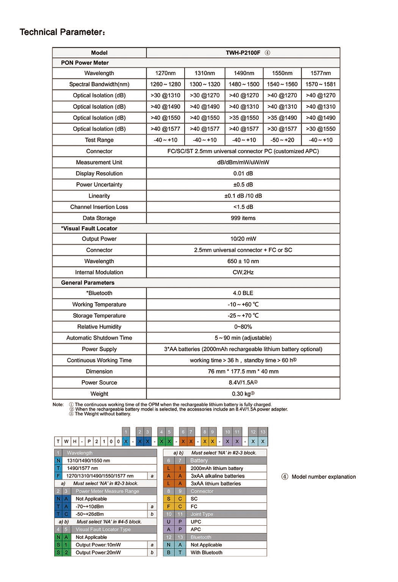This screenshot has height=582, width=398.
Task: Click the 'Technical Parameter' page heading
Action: coord(62,32)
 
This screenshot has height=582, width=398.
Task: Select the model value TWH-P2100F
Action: coord(243,53)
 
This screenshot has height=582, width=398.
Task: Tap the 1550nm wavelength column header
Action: coord(282,73)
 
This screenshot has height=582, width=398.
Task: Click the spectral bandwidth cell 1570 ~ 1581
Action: coord(320,84)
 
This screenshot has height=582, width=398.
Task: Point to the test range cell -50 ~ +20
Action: coord(282,140)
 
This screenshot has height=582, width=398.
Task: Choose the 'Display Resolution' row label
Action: coord(99,174)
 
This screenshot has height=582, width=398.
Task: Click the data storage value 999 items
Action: coord(243,218)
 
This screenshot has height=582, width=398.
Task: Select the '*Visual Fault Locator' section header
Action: coord(89,229)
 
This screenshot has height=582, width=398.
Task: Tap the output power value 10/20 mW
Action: coord(243,239)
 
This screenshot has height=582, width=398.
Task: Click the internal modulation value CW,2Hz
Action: coord(243,272)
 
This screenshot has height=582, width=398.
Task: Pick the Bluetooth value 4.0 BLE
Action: coord(243,293)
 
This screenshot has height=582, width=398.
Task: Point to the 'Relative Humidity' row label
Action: coord(99,327)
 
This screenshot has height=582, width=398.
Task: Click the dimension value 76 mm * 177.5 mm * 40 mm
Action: coord(243,371)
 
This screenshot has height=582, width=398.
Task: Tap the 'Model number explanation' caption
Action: coord(323,477)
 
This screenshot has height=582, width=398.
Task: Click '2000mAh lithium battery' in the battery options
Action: coord(217,469)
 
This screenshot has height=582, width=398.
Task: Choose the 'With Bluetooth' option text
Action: coord(206,553)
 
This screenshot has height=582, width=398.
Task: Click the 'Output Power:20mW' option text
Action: coord(98,553)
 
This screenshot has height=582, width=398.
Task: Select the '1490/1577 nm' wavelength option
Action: coord(82,469)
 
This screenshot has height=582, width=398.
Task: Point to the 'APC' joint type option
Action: coord(195,529)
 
